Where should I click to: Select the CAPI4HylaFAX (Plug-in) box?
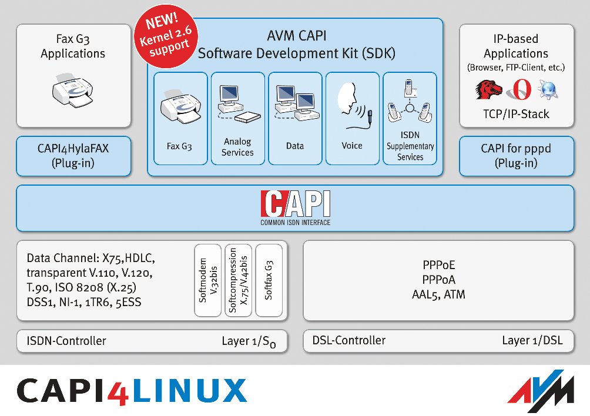click(73, 156)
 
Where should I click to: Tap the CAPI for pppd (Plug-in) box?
click(516, 156)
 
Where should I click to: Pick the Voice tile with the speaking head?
click(352, 118)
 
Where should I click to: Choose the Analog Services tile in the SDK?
click(237, 118)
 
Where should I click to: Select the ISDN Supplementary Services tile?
click(410, 118)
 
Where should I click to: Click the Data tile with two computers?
click(295, 118)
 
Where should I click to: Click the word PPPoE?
click(438, 266)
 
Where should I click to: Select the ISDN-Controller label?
click(66, 341)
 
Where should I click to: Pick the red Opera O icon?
click(519, 89)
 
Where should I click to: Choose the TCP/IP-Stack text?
click(516, 114)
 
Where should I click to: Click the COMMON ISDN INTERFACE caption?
click(295, 223)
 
